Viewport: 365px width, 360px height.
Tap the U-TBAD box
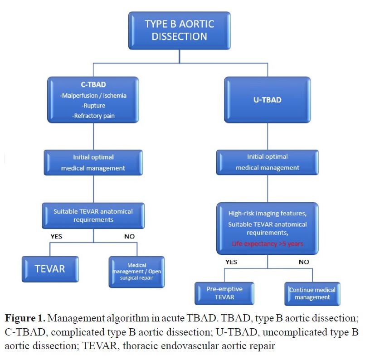tap(267, 100)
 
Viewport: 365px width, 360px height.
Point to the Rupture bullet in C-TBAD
tap(93, 105)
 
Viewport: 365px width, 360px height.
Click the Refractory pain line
tap(93, 115)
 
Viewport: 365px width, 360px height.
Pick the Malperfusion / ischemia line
tap(93, 95)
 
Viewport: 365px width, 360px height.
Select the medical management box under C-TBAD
tap(93, 162)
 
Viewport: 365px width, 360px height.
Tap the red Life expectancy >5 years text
tap(268, 243)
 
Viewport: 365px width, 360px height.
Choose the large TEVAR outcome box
tap(50, 269)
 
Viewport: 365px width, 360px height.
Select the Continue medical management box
tap(312, 293)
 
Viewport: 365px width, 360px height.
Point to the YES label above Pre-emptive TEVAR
tap(232, 262)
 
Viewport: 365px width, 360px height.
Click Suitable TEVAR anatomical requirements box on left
tap(93, 215)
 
